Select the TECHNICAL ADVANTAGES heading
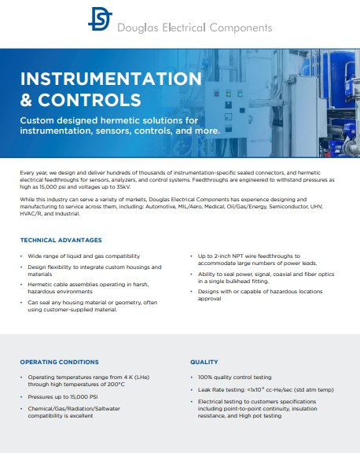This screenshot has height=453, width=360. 61,240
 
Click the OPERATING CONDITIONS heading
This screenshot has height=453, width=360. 60,362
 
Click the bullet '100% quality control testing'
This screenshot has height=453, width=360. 236,377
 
